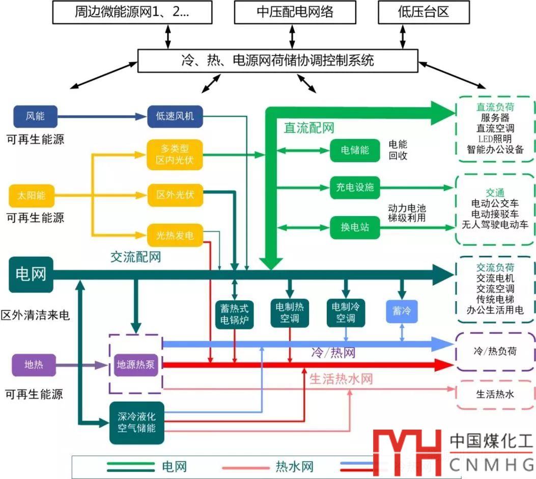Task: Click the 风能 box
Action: coord(35,116)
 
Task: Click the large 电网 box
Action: coord(31,274)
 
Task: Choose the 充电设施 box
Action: coord(355,187)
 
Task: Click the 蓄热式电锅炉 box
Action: coord(234,313)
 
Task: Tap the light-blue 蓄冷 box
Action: coord(402,310)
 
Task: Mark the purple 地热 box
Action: coord(34,365)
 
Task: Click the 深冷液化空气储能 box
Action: coord(136,422)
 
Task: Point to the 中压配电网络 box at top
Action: coord(292,12)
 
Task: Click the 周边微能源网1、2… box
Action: coord(132,12)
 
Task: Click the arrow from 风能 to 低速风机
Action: coord(102,117)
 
